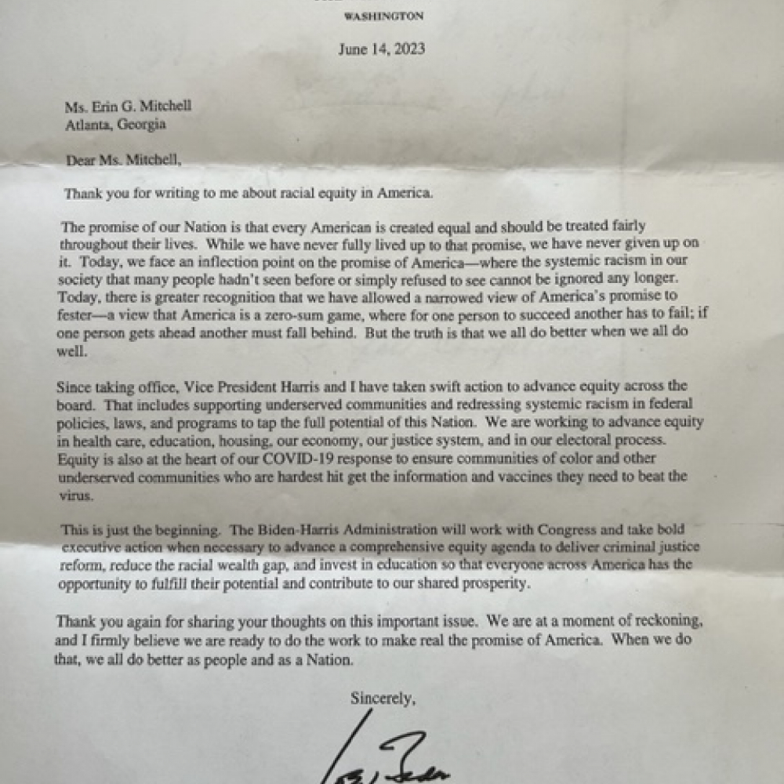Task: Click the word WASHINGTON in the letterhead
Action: pyautogui.click(x=383, y=16)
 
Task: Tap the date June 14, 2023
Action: pyautogui.click(x=382, y=49)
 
